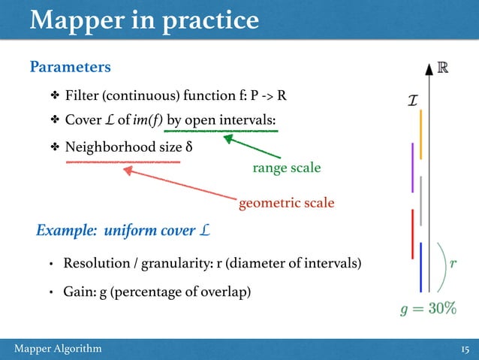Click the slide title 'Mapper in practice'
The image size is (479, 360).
coord(144,20)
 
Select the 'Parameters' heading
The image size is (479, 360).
coord(70,68)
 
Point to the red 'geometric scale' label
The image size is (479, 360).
coord(286,203)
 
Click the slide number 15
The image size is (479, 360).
coord(464,349)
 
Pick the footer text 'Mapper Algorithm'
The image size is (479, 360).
coord(59,349)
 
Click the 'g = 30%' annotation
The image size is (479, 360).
coord(427,310)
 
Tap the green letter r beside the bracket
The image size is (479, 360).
coord(452,264)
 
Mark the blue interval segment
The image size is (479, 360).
coord(421,267)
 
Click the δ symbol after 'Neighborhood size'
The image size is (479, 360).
coord(188,145)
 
